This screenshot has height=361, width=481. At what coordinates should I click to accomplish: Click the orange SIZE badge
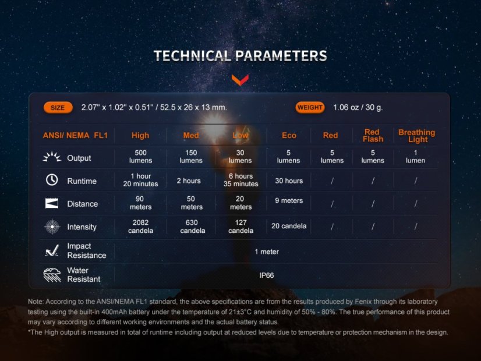[x=58, y=108]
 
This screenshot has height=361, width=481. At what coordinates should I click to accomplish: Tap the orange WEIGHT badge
[x=310, y=108]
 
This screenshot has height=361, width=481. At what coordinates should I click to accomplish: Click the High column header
[x=140, y=136]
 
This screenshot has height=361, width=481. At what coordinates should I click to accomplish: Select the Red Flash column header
[x=373, y=136]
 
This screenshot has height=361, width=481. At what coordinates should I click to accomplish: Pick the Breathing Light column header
[x=416, y=136]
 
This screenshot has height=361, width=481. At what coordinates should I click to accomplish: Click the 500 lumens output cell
[x=141, y=157]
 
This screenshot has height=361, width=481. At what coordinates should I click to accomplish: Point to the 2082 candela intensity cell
[x=141, y=226]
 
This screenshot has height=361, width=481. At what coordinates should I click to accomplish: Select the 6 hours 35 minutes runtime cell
[x=240, y=180]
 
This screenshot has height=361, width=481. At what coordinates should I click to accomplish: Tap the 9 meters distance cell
[x=289, y=201]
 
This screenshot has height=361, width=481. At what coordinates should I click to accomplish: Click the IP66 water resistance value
[x=267, y=275]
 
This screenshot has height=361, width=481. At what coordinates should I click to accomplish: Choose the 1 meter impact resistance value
[x=267, y=252]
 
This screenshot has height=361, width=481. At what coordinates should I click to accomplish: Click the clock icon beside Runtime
[x=52, y=180]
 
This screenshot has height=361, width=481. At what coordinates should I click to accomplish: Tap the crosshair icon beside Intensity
[x=52, y=226]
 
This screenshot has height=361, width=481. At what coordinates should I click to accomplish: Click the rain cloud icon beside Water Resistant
[x=52, y=275]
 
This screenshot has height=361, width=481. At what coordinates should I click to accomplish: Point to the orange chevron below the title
[x=240, y=79]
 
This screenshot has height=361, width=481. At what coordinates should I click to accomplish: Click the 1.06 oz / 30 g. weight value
[x=358, y=108]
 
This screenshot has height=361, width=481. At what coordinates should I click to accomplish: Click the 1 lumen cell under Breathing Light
[x=416, y=157]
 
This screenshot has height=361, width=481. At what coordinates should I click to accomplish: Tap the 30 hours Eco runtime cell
[x=289, y=181]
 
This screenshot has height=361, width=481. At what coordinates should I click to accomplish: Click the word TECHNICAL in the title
[x=192, y=56]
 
